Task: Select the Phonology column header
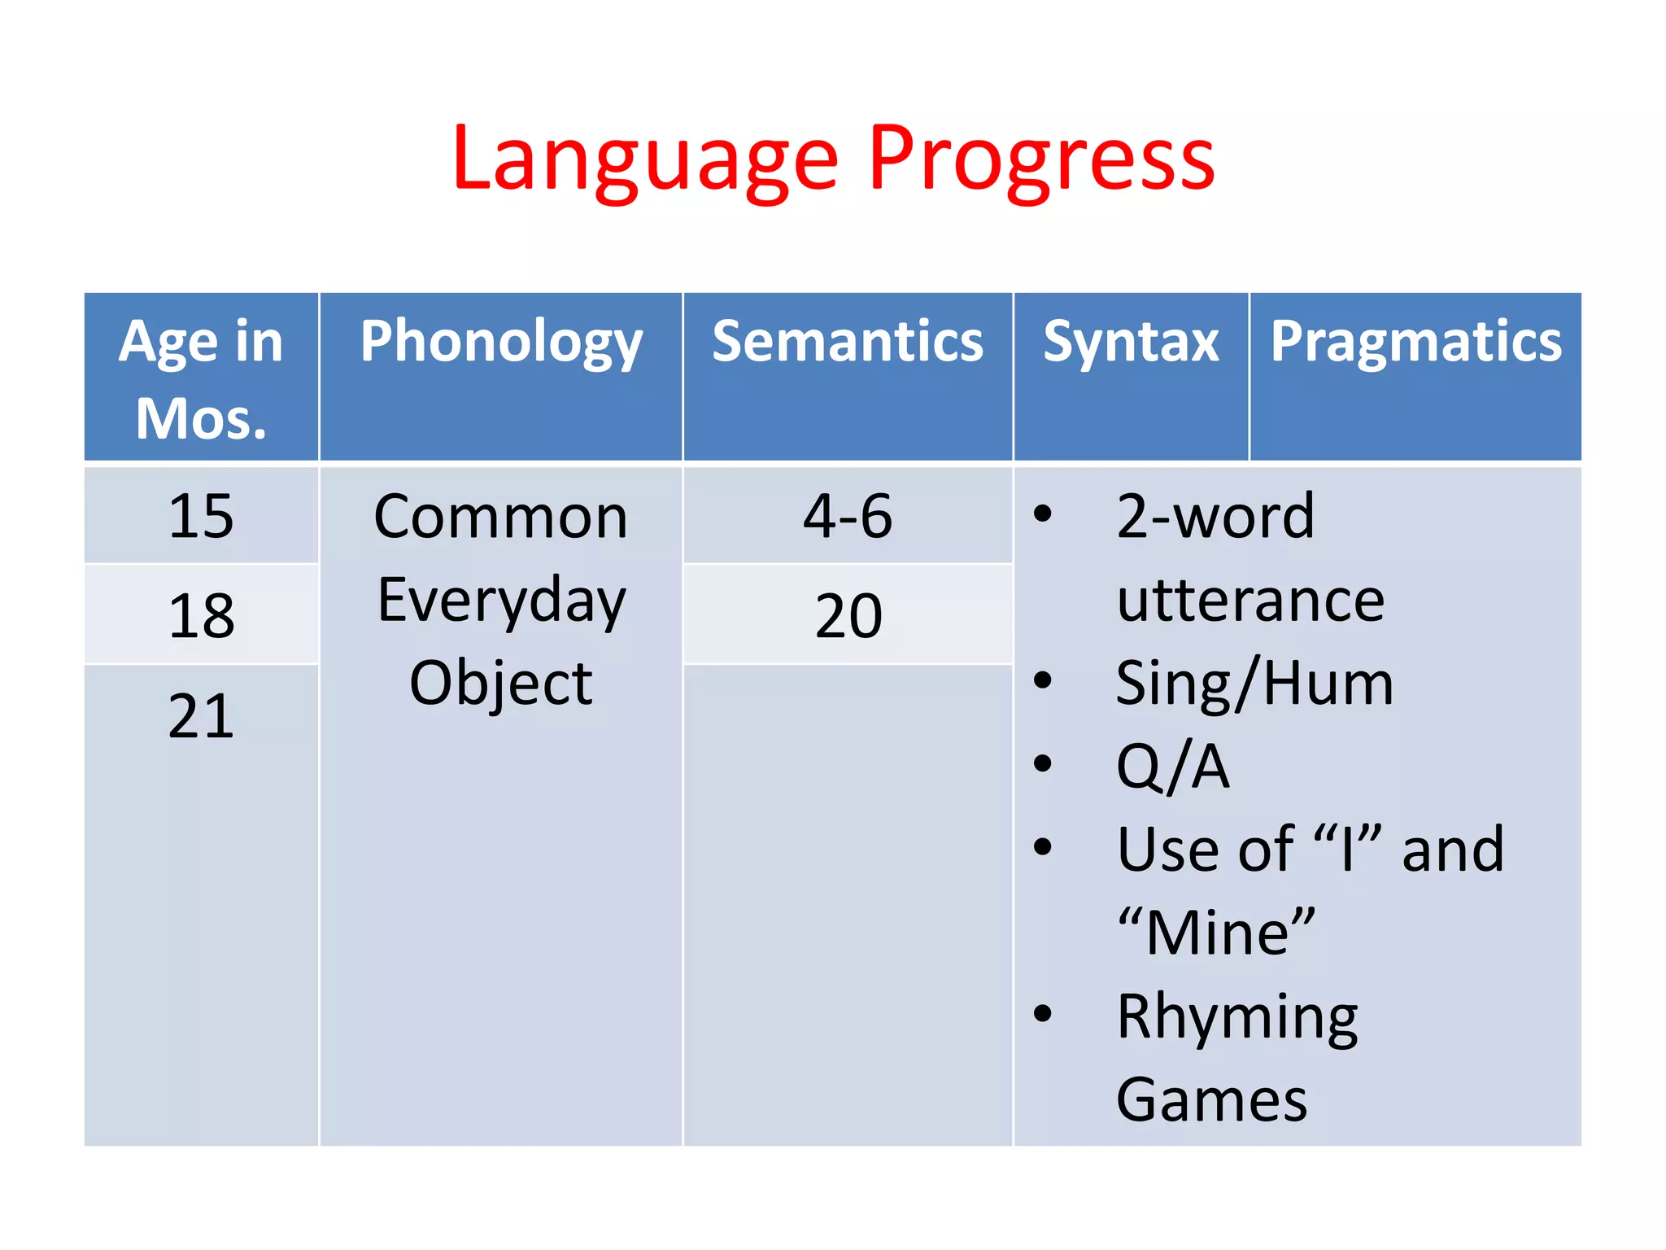coord(501,342)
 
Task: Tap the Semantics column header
coord(848,342)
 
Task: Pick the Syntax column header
coord(1131,342)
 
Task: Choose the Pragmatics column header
coord(1415,342)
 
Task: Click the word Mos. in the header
coord(201,419)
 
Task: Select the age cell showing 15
coord(201,516)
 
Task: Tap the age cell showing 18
coord(201,615)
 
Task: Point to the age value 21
coord(201,715)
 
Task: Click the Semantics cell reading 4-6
coord(848,516)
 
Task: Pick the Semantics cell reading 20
coord(848,615)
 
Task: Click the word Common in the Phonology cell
coord(501,518)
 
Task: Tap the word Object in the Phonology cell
coord(501,684)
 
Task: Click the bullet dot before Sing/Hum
coord(1043,680)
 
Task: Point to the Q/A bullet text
coord(1172,767)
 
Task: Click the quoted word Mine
coord(1216,933)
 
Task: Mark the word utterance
coord(1250,601)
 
